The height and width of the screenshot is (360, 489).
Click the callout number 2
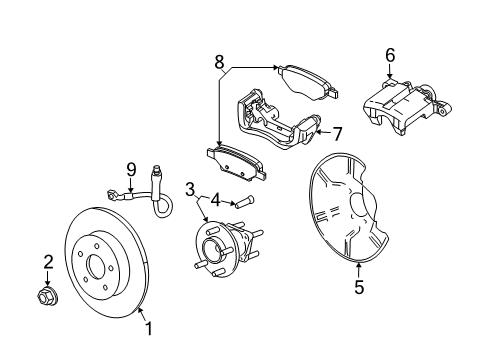[x=47, y=262]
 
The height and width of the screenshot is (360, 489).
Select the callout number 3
[x=189, y=189]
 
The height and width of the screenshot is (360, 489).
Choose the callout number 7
[x=337, y=132]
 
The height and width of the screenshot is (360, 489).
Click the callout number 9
[x=130, y=170]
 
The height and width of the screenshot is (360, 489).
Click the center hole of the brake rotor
[x=97, y=267]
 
